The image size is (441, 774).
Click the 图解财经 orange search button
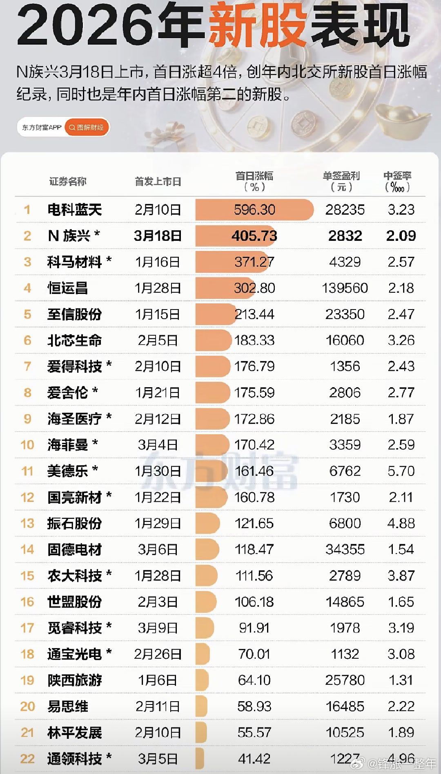87,128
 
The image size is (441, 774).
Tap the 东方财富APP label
42,128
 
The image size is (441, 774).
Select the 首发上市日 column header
158,182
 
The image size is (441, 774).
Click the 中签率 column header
397,181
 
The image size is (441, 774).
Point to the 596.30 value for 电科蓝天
254,210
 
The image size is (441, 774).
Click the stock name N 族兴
73,236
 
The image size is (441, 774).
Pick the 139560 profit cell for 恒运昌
345,288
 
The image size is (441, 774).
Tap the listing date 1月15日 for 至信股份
158,314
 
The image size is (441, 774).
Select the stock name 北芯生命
74,341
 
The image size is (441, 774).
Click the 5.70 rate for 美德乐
401,471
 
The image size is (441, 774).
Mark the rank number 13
27,523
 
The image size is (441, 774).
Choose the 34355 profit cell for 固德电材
345,550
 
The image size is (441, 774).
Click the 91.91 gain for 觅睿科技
254,628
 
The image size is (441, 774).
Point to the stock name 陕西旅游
74,680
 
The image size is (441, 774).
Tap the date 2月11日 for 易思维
158,707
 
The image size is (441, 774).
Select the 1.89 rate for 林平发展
401,733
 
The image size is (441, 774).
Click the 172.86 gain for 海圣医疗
254,419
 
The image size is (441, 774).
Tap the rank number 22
27,759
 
